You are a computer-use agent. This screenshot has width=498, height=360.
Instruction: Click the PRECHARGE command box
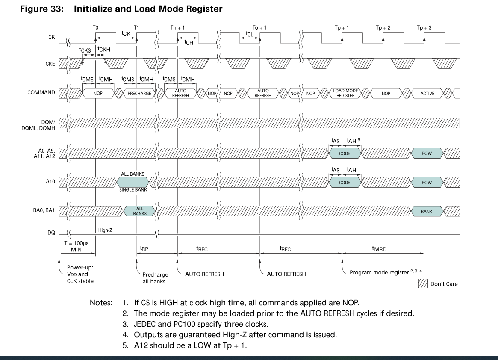[139, 93]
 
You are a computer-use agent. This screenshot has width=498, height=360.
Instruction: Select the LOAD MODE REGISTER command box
[345, 93]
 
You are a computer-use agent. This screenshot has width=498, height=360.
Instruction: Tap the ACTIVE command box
[427, 93]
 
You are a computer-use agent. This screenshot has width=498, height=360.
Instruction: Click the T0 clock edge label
[95, 28]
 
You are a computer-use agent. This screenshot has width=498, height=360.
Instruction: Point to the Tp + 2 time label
[383, 28]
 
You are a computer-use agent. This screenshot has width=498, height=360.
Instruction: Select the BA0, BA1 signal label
[44, 211]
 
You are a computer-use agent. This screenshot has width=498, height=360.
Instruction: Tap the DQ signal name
[50, 234]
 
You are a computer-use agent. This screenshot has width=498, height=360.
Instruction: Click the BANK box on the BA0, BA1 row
[427, 211]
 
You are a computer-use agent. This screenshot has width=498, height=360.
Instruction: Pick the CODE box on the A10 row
[345, 183]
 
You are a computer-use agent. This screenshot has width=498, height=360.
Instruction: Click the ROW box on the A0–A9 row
[427, 153]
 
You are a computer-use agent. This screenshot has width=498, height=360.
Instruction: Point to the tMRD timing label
[379, 248]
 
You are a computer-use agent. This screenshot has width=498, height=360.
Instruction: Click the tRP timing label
[144, 248]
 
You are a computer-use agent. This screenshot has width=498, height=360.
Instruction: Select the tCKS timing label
[86, 50]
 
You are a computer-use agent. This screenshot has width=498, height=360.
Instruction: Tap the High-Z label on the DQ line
[105, 230]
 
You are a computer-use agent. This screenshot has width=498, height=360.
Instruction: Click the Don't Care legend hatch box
[423, 283]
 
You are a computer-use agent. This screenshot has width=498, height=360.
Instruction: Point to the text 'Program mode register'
[379, 272]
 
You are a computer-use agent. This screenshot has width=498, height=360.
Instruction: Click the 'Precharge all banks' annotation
[155, 278]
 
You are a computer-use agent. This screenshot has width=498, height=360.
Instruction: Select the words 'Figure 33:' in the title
[42, 9]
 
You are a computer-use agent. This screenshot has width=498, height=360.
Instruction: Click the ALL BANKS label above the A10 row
[133, 174]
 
